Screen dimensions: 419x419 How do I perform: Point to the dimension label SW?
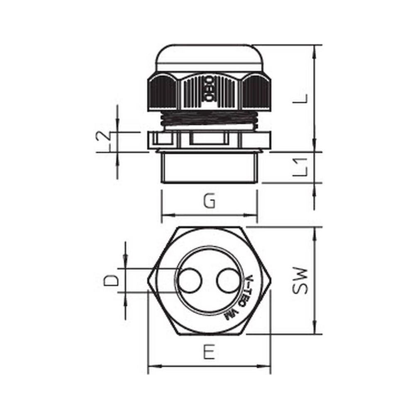pos(301,280)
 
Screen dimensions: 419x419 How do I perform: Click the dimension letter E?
pos(209,352)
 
